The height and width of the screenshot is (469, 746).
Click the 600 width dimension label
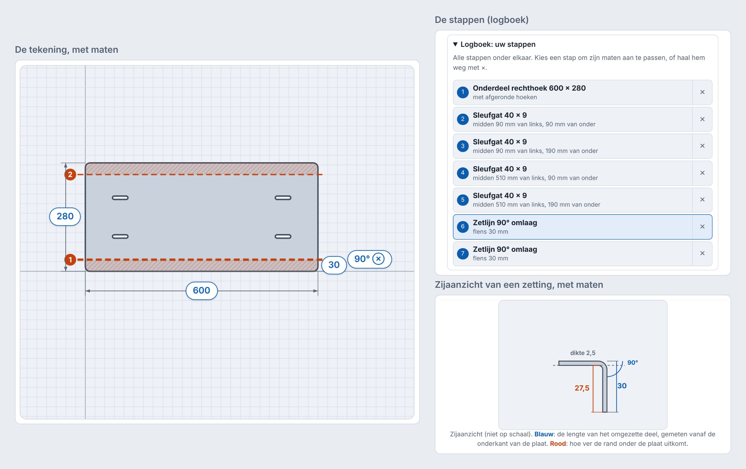(x=201, y=290)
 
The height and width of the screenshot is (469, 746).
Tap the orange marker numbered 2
(x=70, y=174)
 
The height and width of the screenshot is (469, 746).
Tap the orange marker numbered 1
(x=70, y=260)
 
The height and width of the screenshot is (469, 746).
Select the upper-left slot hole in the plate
(x=120, y=198)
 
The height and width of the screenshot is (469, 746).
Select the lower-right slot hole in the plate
(x=283, y=236)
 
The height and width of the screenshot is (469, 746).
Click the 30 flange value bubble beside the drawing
(x=334, y=265)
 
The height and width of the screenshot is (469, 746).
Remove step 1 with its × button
(x=702, y=92)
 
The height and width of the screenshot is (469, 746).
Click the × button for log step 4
(x=702, y=173)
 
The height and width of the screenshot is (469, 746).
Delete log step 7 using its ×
(x=702, y=253)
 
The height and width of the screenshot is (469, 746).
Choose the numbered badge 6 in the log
(x=463, y=227)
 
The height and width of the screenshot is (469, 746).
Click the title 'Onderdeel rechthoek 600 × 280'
(x=529, y=88)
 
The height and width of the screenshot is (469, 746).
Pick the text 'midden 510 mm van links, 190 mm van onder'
(x=536, y=204)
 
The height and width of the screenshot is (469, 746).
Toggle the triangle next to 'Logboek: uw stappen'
(x=455, y=44)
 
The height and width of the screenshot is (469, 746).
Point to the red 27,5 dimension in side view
(x=582, y=388)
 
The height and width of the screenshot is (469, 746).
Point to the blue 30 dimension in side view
(x=622, y=386)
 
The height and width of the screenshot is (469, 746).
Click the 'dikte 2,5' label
(x=583, y=353)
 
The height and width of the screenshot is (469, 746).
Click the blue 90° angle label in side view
(x=633, y=362)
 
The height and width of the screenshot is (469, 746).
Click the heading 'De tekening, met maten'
(x=67, y=50)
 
